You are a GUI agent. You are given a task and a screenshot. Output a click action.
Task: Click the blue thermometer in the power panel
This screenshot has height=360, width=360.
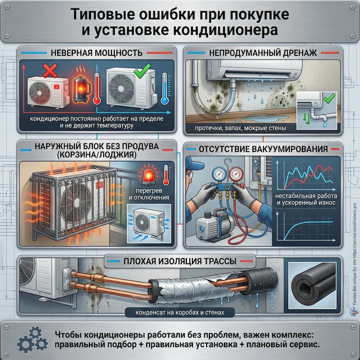(165, 89)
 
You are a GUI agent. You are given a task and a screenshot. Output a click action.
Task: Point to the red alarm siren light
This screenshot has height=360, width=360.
(147, 175)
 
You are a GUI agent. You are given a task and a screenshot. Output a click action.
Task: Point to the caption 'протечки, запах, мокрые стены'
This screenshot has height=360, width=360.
(235, 129)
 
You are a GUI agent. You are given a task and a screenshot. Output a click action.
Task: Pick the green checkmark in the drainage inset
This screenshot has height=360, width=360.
(327, 97)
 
